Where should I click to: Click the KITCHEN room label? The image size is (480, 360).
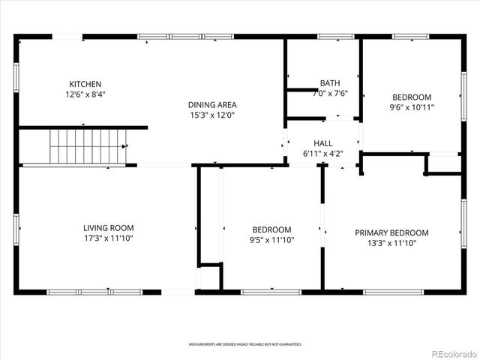85,84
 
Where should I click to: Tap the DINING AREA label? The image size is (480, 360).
213,105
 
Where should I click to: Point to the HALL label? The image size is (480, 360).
323,143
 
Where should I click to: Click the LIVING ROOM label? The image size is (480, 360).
108,228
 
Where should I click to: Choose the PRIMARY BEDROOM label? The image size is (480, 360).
391,232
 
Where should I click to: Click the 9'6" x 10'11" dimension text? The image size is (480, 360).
412,107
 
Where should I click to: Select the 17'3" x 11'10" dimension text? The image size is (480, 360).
108,238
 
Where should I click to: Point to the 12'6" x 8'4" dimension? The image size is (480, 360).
85,94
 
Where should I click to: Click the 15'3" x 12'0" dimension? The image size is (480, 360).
213,115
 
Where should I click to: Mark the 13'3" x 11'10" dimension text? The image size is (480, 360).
391,243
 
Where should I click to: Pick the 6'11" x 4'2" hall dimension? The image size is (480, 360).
323,154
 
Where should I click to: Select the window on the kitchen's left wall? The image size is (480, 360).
16,79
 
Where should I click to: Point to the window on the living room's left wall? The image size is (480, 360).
16,227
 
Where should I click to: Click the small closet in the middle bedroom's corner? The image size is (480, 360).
209,277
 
